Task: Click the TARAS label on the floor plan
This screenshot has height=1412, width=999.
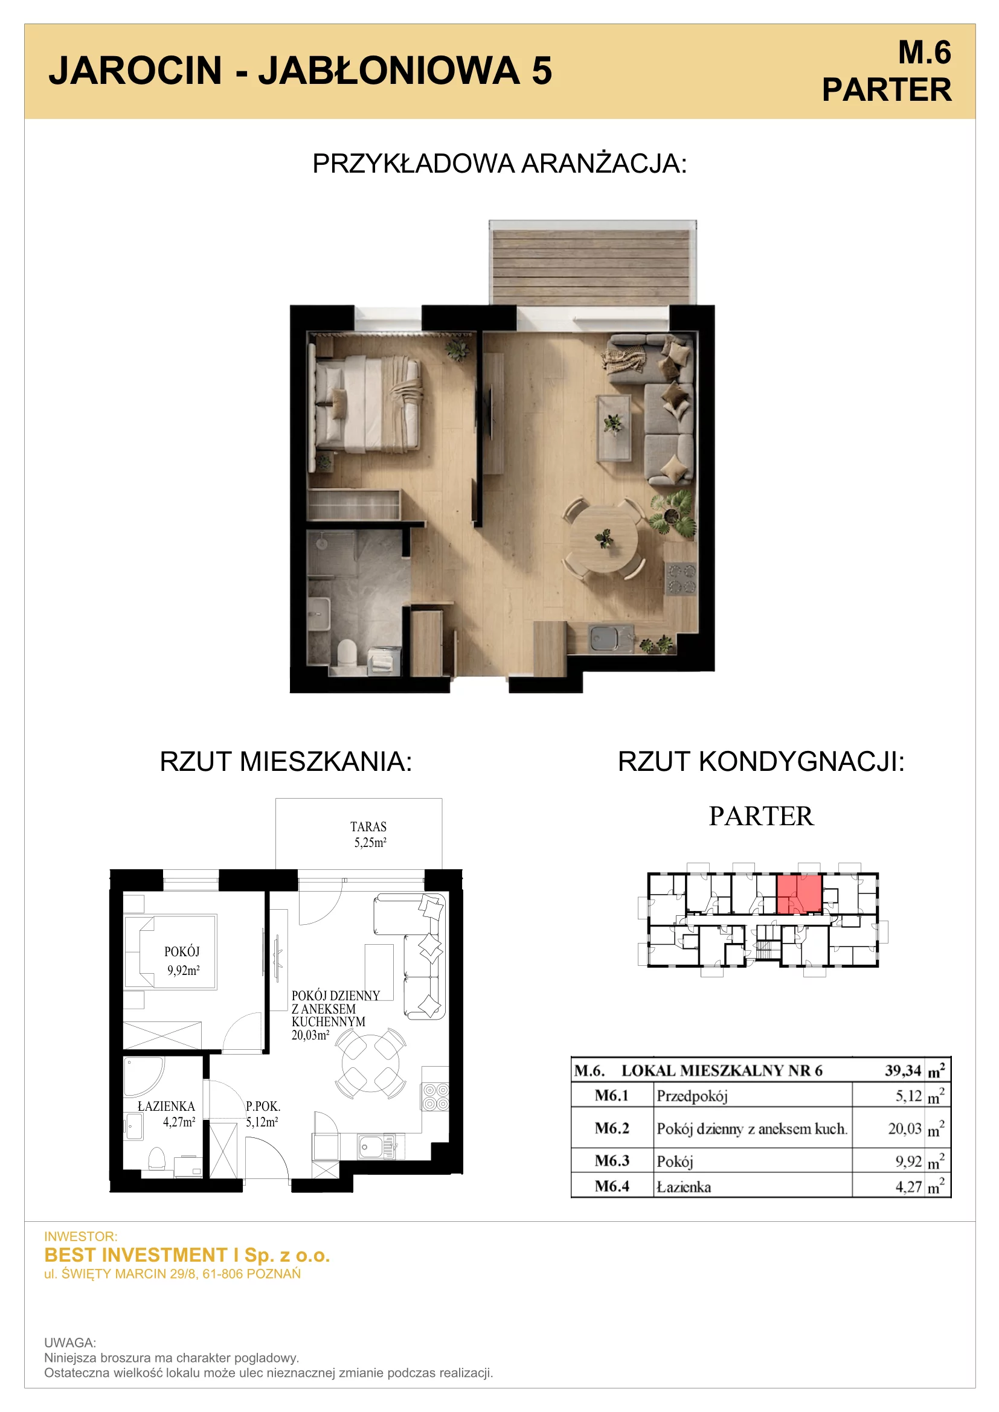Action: coord(368,826)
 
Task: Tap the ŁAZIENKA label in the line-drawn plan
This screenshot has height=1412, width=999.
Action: coord(166,1107)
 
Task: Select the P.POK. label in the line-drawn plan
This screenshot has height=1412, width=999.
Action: coord(263,1107)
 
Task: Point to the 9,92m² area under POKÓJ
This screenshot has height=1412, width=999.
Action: coord(184,971)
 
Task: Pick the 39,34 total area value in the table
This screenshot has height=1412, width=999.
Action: coord(903,1071)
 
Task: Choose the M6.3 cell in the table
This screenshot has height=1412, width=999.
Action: coord(612,1160)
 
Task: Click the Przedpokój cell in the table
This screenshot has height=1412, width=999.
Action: coord(692,1096)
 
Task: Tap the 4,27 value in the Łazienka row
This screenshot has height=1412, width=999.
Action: coord(908,1186)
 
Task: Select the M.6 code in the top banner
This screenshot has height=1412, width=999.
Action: coord(925,53)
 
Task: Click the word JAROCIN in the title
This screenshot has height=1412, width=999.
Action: coord(135,70)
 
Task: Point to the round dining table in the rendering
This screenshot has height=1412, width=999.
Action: coord(603,539)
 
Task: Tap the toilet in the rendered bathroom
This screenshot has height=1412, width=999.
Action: coord(347,653)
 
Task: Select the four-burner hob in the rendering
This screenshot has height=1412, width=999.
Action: coord(681,578)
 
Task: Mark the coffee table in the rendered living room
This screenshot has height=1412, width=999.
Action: coord(614,427)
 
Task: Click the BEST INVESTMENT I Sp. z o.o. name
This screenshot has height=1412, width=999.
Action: coord(187,1255)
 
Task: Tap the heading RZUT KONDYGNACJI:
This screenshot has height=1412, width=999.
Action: coord(761,762)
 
